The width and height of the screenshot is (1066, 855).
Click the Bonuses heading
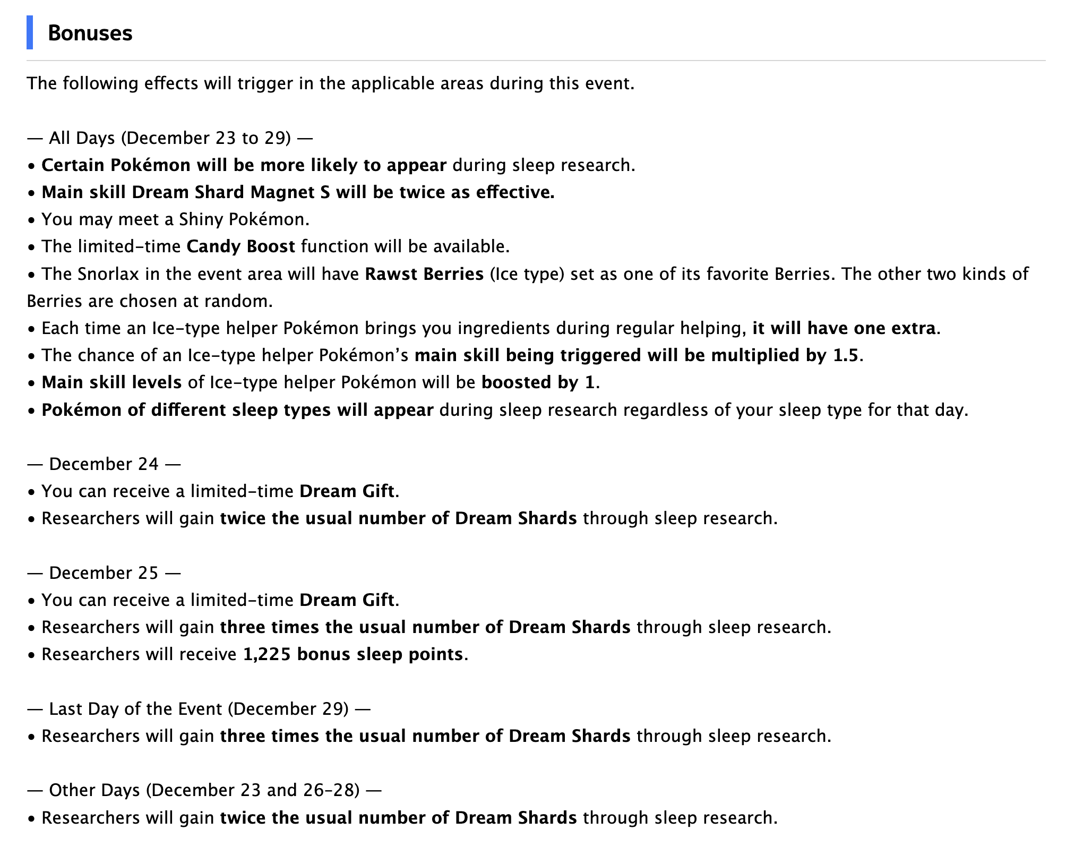90,33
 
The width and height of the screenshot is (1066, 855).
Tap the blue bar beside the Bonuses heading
30,33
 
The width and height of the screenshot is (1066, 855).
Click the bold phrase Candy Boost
240,246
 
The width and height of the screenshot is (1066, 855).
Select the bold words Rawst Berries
424,274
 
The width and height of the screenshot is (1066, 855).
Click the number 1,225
266,654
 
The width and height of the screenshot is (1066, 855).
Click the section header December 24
104,464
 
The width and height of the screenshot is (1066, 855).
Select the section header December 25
104,572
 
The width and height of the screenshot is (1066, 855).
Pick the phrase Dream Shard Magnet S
231,192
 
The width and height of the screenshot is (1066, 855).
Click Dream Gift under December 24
347,491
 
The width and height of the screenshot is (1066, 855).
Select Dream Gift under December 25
347,600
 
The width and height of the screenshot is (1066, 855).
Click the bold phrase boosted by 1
537,382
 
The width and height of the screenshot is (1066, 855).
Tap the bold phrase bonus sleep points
380,654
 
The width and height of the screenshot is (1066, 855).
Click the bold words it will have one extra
844,328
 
